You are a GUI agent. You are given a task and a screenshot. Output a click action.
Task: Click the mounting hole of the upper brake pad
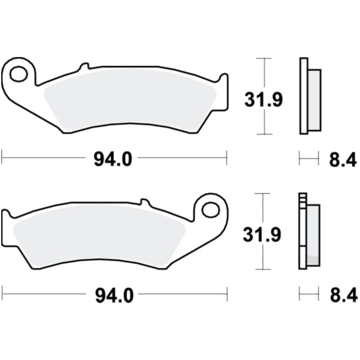coord(19,73)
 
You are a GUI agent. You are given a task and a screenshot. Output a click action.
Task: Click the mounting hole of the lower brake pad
coord(211,209)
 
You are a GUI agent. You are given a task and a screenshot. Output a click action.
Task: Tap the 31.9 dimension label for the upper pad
coord(263,100)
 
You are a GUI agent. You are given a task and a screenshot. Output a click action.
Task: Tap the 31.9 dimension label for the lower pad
coord(262,235)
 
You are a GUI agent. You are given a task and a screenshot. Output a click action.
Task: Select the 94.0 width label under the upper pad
coord(113,160)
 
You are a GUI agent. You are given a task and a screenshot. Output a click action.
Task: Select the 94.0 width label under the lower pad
coord(114,296)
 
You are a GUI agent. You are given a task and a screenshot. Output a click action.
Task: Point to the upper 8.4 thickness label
coord(343,160)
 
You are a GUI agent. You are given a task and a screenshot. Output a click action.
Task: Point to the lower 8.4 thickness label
coord(344,296)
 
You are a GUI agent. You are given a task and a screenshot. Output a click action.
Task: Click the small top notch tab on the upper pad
coord(84,66)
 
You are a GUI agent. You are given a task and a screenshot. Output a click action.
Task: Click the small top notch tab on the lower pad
coord(145,202)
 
